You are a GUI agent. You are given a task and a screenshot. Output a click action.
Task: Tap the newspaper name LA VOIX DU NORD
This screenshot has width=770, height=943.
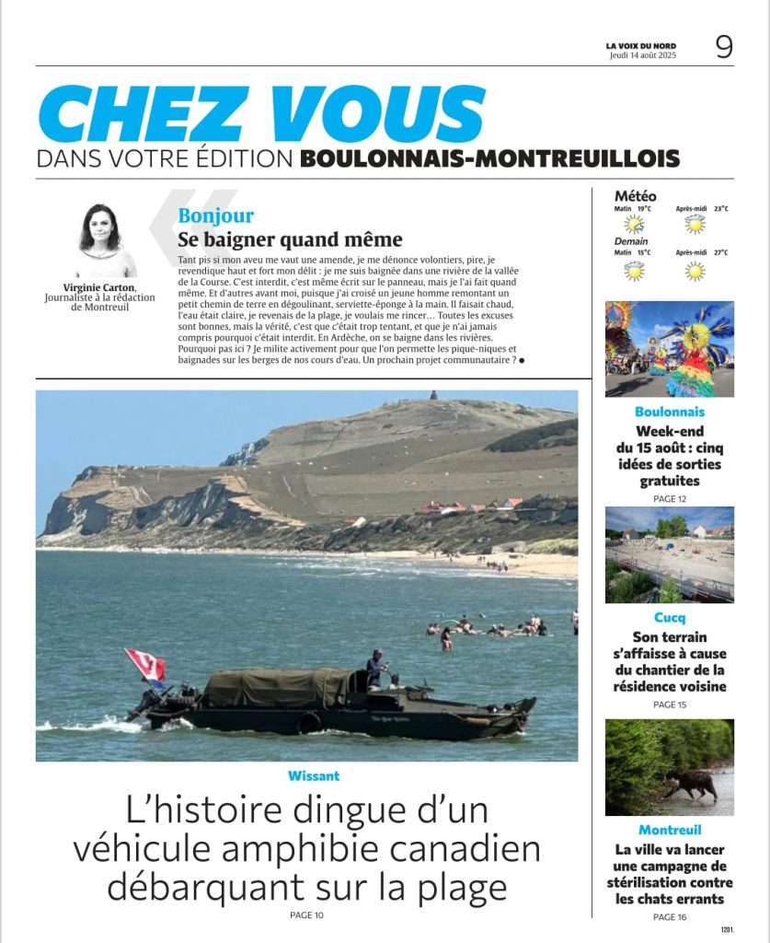[x=640, y=45]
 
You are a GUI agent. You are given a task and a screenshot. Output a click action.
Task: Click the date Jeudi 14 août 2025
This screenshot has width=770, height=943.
[x=642, y=55]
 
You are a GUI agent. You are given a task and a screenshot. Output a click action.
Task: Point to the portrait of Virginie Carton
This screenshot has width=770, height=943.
[x=101, y=240]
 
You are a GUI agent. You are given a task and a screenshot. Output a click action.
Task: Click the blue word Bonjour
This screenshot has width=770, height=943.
[x=216, y=216]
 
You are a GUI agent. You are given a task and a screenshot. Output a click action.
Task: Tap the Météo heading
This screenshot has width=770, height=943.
[x=635, y=196]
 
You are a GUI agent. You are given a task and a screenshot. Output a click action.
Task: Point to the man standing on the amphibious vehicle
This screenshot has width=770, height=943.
[x=375, y=669]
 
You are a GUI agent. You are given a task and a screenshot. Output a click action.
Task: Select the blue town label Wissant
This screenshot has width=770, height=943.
[x=314, y=776]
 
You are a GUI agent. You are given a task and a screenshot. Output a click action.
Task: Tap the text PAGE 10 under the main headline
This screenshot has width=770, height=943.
[x=306, y=914]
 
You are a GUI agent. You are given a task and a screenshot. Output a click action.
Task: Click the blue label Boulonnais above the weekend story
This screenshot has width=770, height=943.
[x=670, y=412]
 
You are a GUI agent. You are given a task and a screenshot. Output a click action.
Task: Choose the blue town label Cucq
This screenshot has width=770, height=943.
[x=670, y=618]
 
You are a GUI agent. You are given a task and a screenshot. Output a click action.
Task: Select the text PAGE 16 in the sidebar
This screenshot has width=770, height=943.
[x=670, y=917]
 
